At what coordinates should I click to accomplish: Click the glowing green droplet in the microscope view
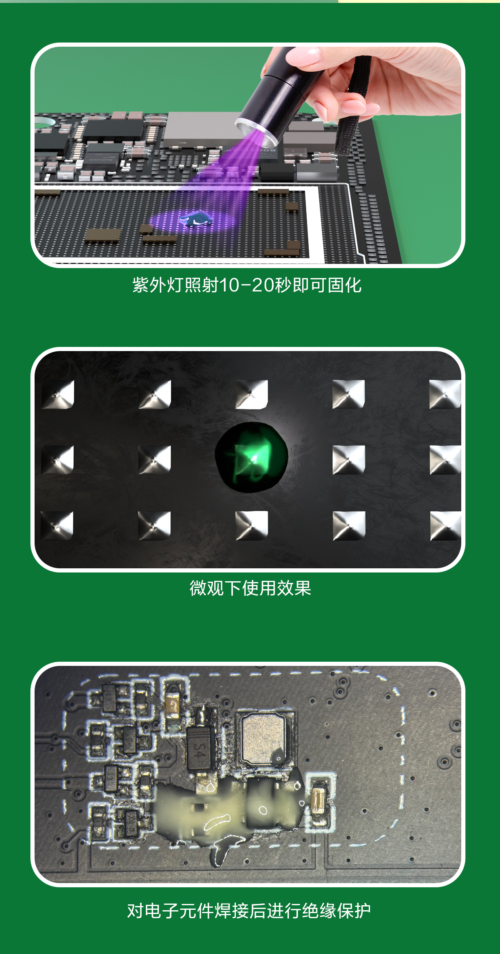click(252, 457)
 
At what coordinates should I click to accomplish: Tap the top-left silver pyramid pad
click(58, 394)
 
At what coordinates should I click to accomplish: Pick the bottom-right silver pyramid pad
click(445, 525)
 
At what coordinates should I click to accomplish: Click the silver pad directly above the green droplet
click(252, 394)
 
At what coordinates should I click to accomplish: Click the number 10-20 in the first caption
click(246, 286)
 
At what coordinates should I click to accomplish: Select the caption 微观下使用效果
click(250, 588)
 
